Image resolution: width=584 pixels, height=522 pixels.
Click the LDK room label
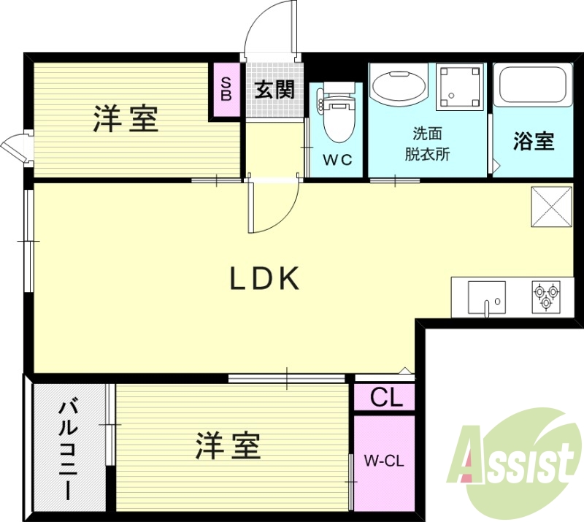point(265,279)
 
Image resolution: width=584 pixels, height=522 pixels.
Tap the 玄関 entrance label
point(274,91)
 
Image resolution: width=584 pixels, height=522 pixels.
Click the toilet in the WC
point(337,117)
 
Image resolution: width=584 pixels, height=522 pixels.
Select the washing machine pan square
point(460,86)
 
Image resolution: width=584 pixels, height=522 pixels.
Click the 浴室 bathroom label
point(534,142)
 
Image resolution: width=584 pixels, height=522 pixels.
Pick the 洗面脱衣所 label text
point(427,144)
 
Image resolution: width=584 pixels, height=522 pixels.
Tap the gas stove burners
point(547,297)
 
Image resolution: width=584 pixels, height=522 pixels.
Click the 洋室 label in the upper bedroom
point(126,119)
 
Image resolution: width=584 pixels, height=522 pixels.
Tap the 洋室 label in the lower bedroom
point(228,445)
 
